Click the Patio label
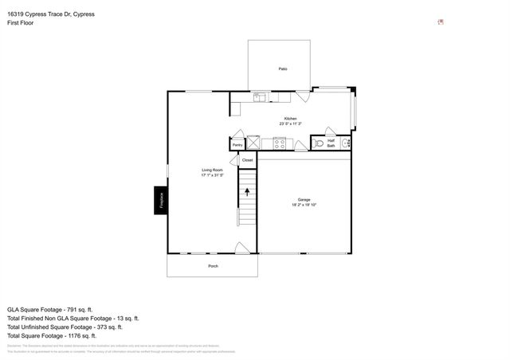(283, 69)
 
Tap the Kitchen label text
(290, 119)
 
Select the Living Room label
(212, 170)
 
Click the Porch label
(213, 266)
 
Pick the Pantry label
(237, 145)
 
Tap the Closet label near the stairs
(247, 160)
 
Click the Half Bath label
(331, 143)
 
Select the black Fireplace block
(160, 200)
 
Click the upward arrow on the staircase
(247, 191)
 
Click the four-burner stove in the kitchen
(280, 143)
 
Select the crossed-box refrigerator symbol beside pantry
(253, 143)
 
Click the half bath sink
(345, 144)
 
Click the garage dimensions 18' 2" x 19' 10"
(304, 205)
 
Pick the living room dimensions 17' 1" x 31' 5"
(212, 175)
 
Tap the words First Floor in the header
(21, 23)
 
